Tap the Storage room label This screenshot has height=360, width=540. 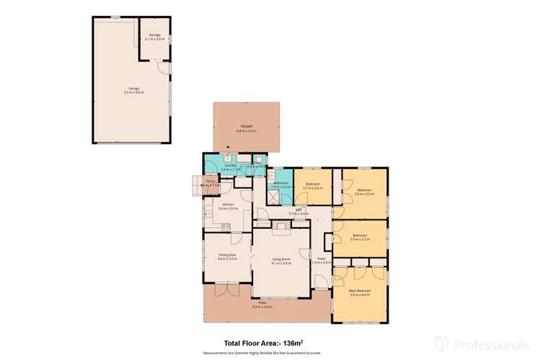click(x=154, y=36)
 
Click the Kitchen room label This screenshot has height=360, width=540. click(x=228, y=206)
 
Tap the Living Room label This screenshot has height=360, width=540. click(x=281, y=260)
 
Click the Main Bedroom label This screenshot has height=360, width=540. click(x=359, y=291)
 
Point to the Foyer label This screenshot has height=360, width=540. click(x=322, y=260)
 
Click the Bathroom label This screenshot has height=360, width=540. click(x=281, y=184)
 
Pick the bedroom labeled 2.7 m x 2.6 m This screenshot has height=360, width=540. click(x=312, y=185)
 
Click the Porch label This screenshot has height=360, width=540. click(x=210, y=183)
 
